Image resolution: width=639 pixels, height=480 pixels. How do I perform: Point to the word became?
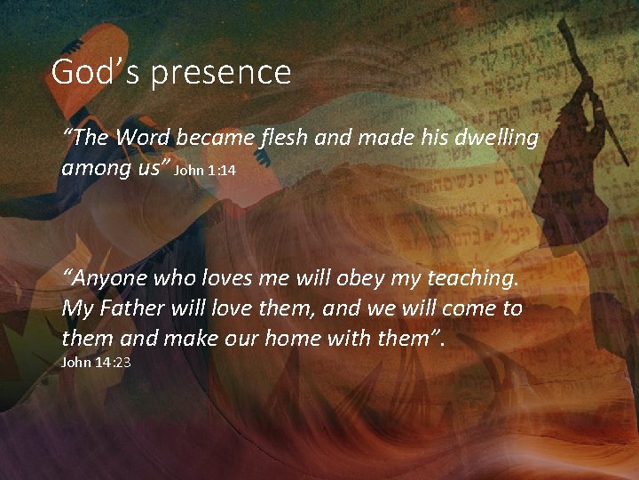215,138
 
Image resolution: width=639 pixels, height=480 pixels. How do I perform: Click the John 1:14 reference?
204,169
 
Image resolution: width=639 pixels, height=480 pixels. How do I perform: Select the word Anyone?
108,279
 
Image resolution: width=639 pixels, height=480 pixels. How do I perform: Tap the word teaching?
470,279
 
